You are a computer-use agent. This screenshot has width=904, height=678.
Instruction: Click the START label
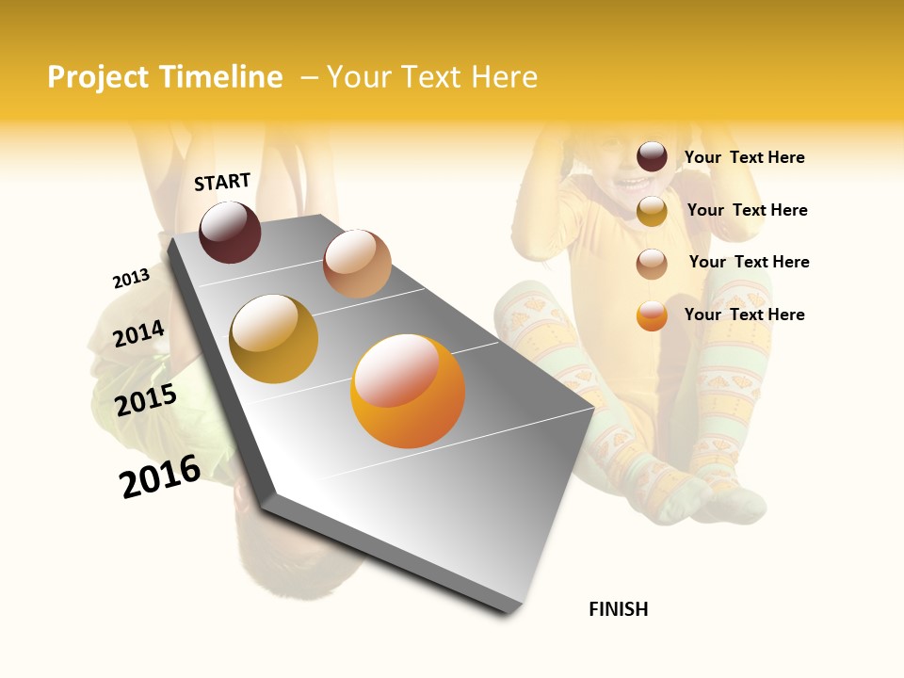(x=222, y=182)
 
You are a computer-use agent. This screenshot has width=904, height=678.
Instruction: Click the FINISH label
(x=618, y=609)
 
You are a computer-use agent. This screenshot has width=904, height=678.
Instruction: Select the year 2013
(x=131, y=279)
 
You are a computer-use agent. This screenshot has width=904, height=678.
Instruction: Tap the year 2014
(x=138, y=333)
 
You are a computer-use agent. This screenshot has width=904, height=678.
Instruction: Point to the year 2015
(x=145, y=400)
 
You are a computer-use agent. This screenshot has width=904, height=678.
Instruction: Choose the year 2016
(x=160, y=476)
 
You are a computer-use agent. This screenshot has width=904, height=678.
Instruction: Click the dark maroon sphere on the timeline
(x=230, y=232)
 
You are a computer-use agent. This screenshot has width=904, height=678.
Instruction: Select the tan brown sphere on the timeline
(x=357, y=264)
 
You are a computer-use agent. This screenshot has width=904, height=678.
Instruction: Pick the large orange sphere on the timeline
(x=408, y=391)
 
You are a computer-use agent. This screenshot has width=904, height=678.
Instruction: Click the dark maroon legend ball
(x=652, y=157)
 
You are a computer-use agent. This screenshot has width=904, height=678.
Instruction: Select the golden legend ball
(x=652, y=211)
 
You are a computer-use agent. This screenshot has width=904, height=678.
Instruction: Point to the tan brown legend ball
(x=652, y=264)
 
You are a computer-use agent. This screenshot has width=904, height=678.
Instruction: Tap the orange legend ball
(x=652, y=315)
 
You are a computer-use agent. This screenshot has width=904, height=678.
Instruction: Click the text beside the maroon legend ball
(x=744, y=157)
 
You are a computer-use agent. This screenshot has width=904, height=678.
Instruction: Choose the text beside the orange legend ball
(x=744, y=315)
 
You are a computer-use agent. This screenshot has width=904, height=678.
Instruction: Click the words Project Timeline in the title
(x=165, y=77)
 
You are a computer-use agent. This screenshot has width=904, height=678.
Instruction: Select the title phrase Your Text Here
(x=431, y=77)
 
